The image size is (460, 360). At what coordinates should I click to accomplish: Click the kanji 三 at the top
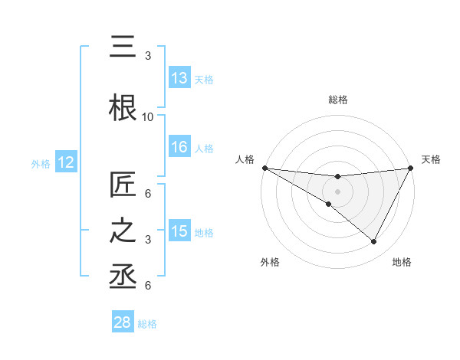(123, 47)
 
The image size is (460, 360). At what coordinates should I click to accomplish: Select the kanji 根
(123, 106)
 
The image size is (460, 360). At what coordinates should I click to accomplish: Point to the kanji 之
(123, 231)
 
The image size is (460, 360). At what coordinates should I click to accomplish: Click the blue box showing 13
(179, 78)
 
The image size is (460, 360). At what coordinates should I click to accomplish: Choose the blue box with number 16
(179, 148)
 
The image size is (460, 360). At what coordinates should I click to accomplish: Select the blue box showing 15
(179, 231)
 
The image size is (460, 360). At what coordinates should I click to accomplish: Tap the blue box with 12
(65, 162)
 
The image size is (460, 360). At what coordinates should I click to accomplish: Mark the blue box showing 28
(123, 322)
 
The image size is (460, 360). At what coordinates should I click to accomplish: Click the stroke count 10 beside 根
(148, 117)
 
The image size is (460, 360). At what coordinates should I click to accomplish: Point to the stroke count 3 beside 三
(148, 56)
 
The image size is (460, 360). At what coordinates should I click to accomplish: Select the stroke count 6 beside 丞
(148, 286)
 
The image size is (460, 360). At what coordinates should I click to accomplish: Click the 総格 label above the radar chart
(337, 100)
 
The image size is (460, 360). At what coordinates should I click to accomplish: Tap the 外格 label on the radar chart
(270, 262)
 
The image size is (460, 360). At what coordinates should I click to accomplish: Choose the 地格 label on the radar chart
(402, 262)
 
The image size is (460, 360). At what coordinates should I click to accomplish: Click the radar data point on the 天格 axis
(411, 168)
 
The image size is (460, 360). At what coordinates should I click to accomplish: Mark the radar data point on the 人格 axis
(264, 168)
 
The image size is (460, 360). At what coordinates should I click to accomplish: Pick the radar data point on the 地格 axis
(374, 242)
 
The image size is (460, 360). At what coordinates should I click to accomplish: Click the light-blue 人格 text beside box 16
(204, 149)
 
